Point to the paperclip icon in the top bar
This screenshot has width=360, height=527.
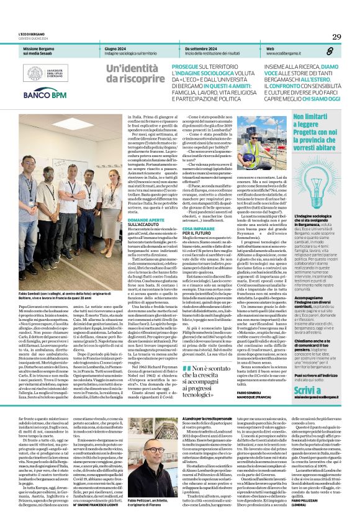pos(337,51)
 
